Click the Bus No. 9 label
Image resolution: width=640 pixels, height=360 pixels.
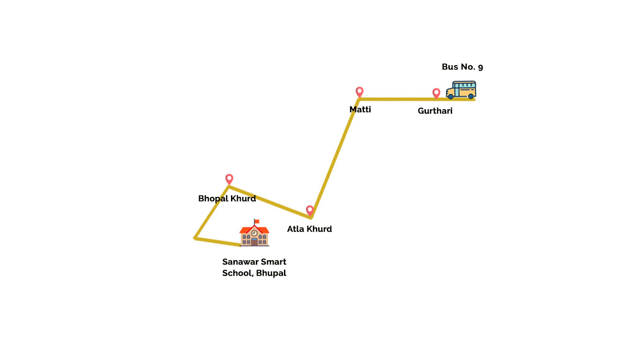[x=462, y=67]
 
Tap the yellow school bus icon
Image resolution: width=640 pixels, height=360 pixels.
[x=461, y=90]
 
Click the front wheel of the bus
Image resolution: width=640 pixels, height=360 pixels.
[x=451, y=97]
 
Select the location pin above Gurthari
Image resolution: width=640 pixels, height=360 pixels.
[x=436, y=93]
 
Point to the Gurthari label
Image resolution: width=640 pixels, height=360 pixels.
[x=435, y=111]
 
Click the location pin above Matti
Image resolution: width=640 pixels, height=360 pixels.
[x=359, y=92]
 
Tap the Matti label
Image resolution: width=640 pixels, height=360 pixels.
[x=360, y=110]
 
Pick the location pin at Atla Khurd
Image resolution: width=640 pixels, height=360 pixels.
[x=310, y=210]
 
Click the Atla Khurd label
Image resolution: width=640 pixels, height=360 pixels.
[x=309, y=229]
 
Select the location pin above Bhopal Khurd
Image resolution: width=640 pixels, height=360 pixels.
[x=229, y=179]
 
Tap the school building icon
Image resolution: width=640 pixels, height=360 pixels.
[x=254, y=233]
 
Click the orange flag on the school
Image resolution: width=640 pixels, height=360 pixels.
[x=257, y=222]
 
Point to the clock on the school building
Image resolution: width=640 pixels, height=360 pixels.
[x=254, y=233]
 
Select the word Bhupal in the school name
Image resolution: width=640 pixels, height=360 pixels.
[x=271, y=273]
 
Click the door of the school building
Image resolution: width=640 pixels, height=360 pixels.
[x=254, y=242]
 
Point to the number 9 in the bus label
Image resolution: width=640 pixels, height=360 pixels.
[x=481, y=67]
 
